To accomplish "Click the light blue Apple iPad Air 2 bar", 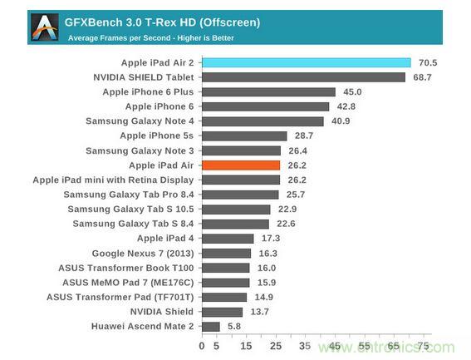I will click(306, 62).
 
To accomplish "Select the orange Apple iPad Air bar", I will click(241, 165).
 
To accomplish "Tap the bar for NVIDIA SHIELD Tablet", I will click(303, 77).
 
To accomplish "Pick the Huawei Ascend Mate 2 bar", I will click(210, 327).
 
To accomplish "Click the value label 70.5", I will click(428, 62).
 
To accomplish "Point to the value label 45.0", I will click(352, 92).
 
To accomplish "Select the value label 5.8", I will click(235, 327).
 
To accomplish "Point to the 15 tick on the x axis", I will click(247, 346).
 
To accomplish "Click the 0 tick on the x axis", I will click(202, 346).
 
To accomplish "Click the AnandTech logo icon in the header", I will click(43, 27).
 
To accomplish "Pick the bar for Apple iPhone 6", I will click(265, 106).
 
